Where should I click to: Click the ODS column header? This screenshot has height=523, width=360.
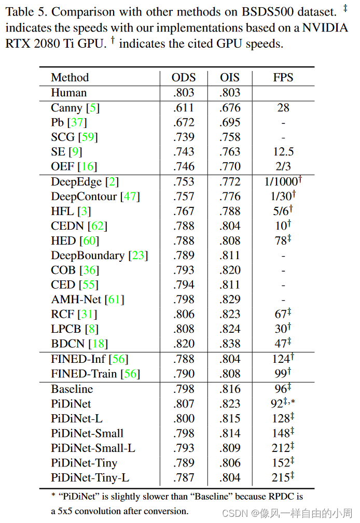[x=184, y=78]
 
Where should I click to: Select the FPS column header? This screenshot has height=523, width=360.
[x=283, y=78]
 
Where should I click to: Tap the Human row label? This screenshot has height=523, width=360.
[x=68, y=93]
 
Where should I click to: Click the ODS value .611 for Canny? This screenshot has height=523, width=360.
[x=184, y=108]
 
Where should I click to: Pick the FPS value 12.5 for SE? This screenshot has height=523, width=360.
[x=283, y=151]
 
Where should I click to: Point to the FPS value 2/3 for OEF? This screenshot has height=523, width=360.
[x=283, y=166]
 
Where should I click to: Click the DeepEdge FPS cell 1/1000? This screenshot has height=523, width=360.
[x=281, y=181]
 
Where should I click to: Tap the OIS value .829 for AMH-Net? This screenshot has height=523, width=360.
[x=230, y=300]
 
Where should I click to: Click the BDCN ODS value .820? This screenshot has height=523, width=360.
[x=184, y=344]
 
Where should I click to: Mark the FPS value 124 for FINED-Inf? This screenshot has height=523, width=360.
[x=281, y=359]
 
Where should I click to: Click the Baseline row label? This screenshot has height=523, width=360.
[x=72, y=389]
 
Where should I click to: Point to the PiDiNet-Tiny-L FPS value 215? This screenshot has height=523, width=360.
[x=281, y=478]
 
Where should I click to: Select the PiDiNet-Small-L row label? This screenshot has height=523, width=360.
[x=93, y=448]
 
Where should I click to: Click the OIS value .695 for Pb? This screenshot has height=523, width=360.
[x=230, y=122]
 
